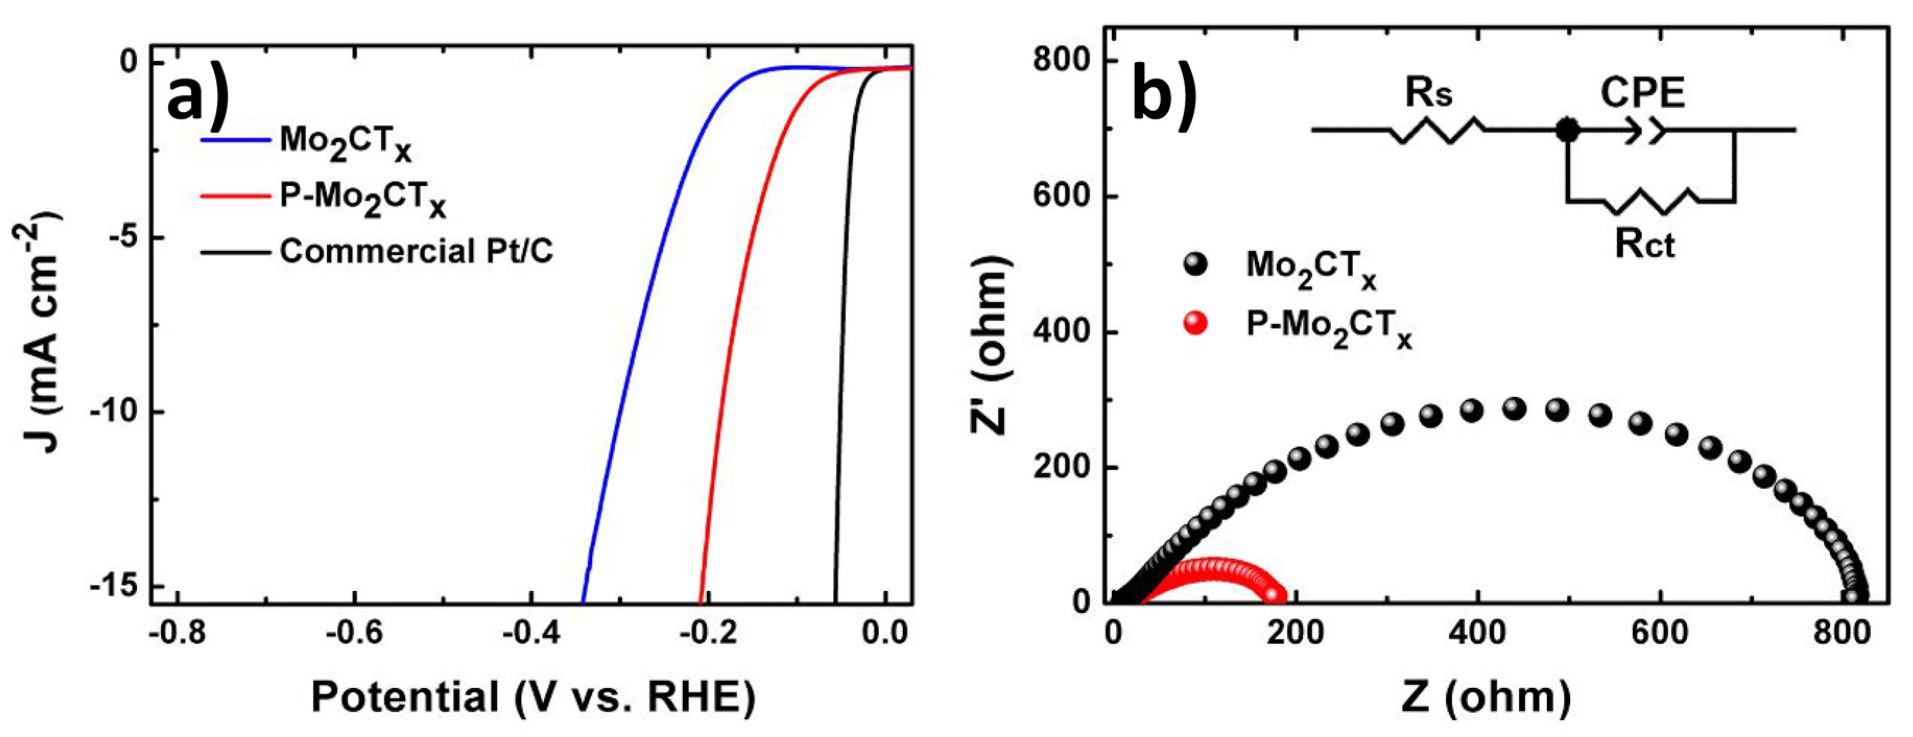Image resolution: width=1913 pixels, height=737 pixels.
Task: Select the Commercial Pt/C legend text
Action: point(416,252)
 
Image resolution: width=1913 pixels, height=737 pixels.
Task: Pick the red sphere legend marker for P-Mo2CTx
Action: point(1195,323)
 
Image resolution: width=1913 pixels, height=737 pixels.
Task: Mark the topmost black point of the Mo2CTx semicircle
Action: point(1514,409)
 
